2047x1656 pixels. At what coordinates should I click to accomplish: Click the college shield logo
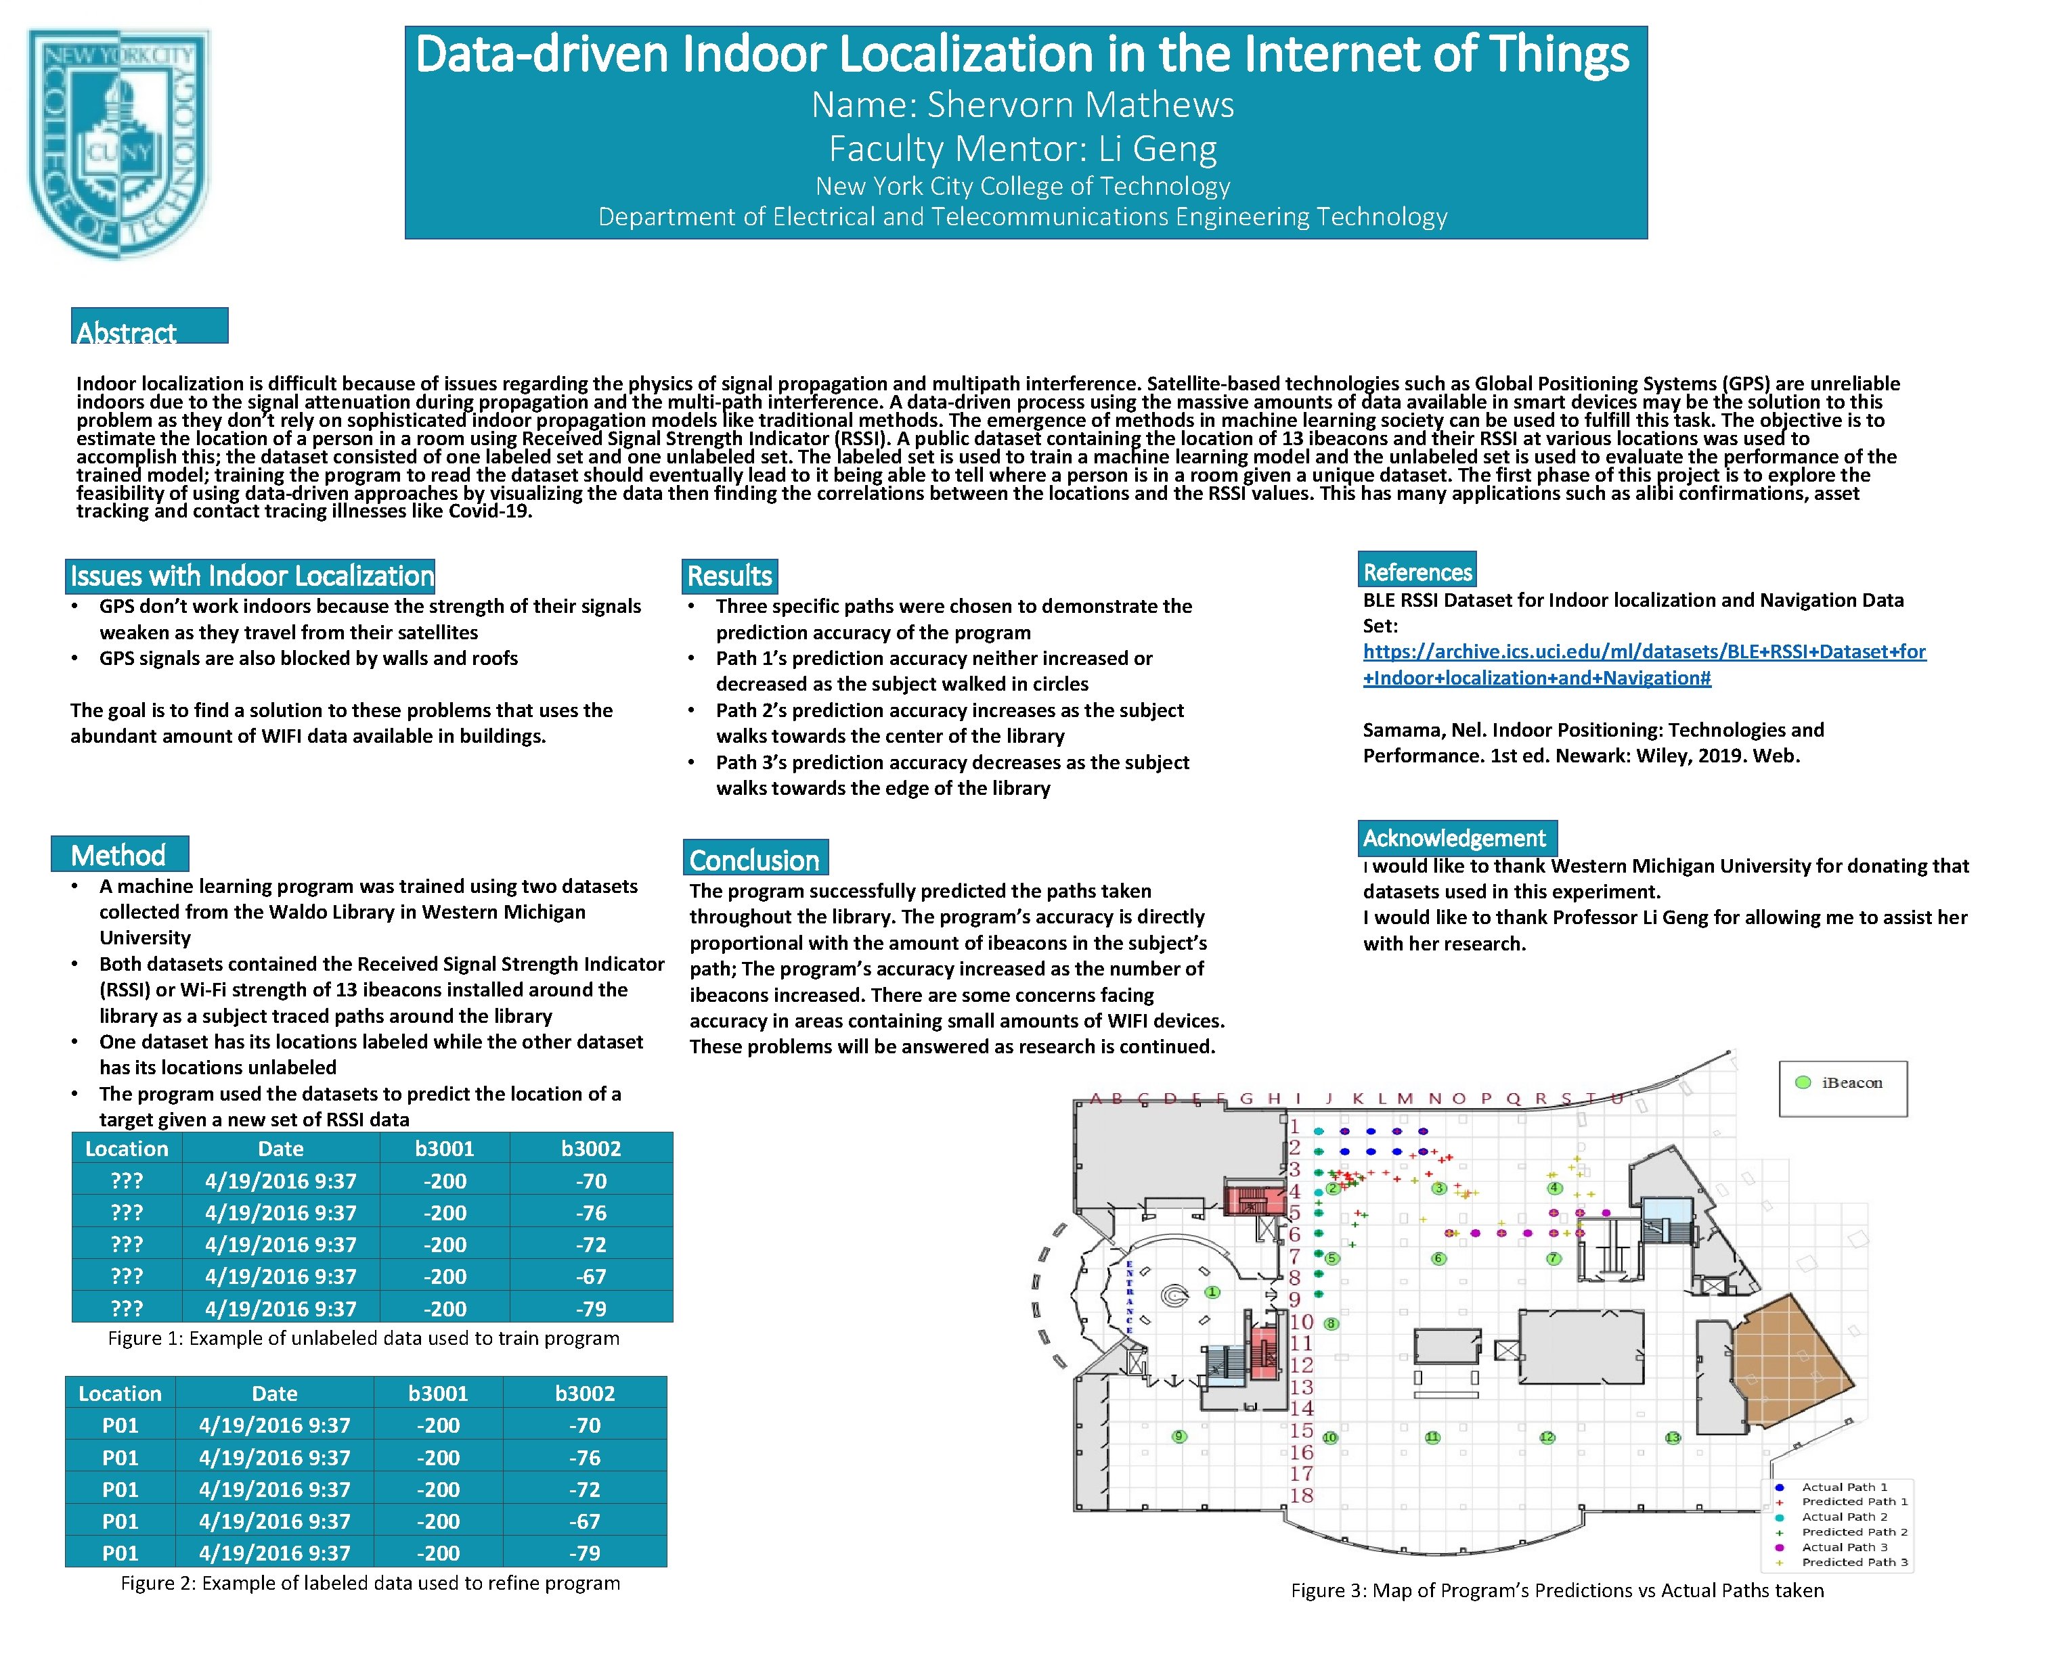pos(118,143)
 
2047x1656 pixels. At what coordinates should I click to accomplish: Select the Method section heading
pos(118,854)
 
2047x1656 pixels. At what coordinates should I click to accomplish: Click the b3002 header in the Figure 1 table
pos(591,1149)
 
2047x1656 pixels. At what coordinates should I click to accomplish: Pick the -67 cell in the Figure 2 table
pos(584,1521)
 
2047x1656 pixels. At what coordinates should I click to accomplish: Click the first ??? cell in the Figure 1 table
pos(126,1181)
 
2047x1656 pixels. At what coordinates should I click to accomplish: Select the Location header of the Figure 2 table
pos(120,1394)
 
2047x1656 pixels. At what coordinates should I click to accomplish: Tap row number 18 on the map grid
pos(1302,1496)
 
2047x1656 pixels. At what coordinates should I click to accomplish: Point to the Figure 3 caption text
pos(1556,1590)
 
